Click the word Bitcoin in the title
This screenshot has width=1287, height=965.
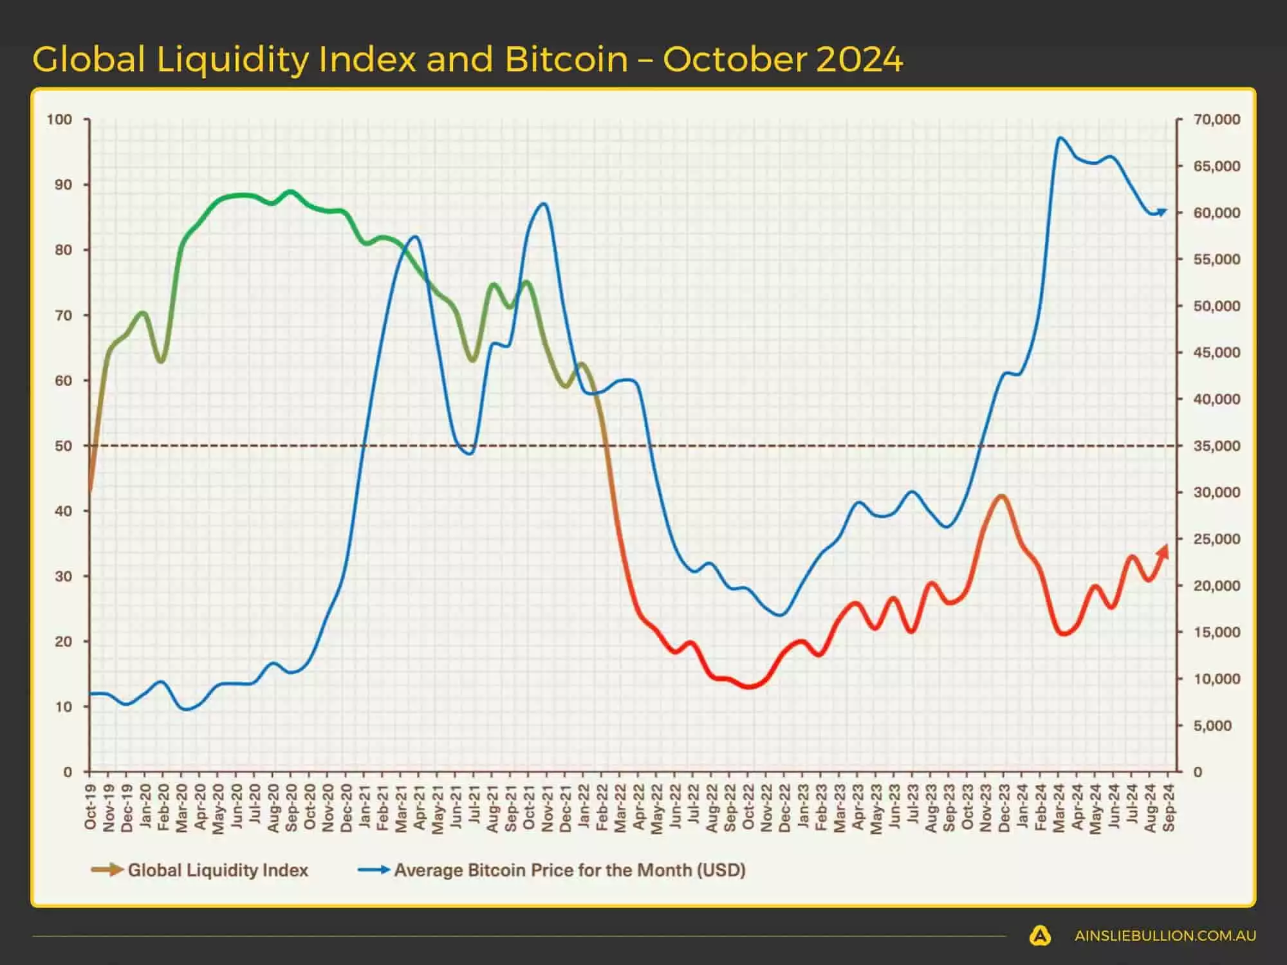[566, 59]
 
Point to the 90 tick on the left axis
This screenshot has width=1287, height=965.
[64, 185]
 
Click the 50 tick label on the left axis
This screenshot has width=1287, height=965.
[64, 446]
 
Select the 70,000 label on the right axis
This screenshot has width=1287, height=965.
[1216, 120]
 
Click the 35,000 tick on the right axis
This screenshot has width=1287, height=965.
[1216, 446]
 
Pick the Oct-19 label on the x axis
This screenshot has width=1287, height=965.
[90, 807]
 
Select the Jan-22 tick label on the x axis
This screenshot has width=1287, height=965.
[584, 807]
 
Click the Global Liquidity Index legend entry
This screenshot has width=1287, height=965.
[218, 870]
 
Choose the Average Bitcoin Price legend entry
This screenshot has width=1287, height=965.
[569, 870]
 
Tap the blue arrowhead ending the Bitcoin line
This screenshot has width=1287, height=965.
[1162, 212]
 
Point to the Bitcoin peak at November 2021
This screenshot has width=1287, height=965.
[544, 204]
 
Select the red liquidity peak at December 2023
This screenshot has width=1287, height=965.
[1001, 496]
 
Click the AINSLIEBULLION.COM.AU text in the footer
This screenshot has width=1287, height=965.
[1165, 936]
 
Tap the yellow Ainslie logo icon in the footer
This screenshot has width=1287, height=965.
[1040, 936]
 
